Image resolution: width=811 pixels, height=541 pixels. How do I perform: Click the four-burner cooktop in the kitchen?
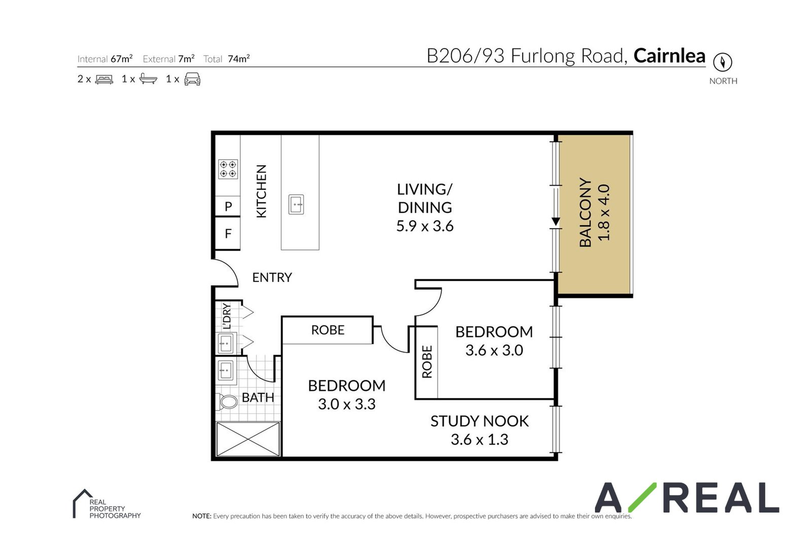[228, 169]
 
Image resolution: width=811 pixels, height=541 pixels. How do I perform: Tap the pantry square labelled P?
[228, 206]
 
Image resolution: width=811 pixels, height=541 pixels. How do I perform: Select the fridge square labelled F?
[228, 233]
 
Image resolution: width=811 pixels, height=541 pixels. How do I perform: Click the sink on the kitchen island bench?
[296, 204]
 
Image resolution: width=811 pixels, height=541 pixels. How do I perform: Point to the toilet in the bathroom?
[228, 401]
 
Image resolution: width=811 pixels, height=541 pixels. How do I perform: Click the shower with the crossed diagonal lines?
[248, 439]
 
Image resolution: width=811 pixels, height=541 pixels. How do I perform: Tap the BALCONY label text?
[585, 212]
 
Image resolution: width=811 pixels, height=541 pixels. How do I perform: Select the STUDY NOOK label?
[480, 421]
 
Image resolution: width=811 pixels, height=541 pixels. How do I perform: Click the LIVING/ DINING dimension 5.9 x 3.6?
[425, 226]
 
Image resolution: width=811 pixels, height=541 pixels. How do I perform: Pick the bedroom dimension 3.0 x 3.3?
[347, 404]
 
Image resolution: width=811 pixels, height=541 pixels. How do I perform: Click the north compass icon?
[723, 62]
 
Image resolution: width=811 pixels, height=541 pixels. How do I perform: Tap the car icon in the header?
[192, 79]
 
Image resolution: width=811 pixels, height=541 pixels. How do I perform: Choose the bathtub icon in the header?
[149, 79]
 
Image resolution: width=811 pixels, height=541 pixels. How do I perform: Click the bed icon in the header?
[104, 79]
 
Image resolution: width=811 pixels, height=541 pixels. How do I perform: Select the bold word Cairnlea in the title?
[670, 56]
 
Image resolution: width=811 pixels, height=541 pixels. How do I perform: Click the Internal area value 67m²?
[122, 59]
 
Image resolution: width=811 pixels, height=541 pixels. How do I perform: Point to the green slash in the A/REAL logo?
[642, 497]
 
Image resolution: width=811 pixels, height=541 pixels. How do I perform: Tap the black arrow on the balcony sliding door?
[556, 222]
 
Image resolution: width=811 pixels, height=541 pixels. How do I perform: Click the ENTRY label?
[272, 277]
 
